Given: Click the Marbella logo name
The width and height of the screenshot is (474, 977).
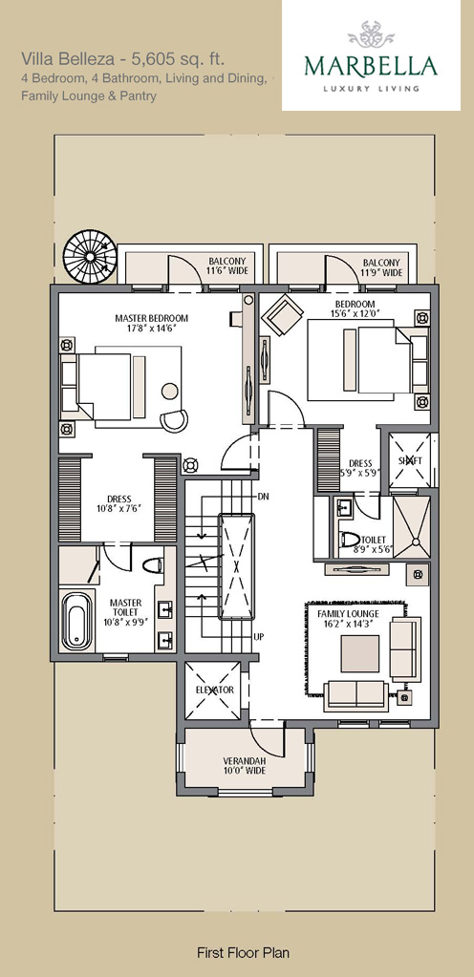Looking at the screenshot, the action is (371, 67).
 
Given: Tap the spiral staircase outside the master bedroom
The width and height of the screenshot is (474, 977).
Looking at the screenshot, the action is (90, 257).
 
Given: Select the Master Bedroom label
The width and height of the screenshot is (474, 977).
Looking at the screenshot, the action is (152, 318).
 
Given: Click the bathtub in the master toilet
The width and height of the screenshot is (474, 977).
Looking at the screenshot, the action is (77, 619).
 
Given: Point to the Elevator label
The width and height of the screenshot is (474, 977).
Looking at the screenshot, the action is (215, 690).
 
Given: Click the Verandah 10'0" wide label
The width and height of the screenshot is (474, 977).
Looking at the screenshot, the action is (245, 766).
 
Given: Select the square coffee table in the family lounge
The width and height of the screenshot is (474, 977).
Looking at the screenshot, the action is (359, 653).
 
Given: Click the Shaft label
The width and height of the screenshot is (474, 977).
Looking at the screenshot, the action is (410, 459).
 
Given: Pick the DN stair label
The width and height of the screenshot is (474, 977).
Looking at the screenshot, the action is (263, 496).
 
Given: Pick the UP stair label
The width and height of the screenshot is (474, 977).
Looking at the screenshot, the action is (259, 637).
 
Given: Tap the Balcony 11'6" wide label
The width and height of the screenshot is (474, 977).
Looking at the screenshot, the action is (227, 266).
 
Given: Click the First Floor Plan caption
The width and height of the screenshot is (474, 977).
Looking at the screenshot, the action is (244, 952).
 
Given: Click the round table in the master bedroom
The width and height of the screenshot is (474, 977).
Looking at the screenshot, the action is (169, 392).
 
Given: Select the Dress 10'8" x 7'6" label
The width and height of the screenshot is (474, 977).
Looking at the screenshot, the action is (118, 503).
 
